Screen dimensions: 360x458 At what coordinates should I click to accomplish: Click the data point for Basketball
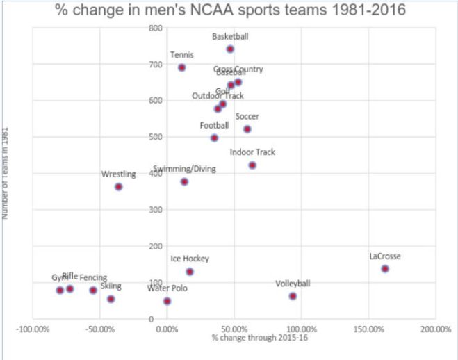coord(230,49)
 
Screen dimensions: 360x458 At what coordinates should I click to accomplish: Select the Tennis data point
coord(181,67)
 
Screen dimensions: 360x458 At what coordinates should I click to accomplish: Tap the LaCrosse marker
coord(385,269)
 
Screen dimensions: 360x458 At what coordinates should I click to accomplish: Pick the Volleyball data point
coord(293,296)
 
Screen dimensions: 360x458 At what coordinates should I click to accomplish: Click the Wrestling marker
coord(119,187)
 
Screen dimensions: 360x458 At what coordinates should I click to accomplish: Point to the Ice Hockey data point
coord(190,272)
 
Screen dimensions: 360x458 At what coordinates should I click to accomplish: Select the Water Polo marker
coord(167,301)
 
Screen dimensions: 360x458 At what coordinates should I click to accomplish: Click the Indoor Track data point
coord(252,165)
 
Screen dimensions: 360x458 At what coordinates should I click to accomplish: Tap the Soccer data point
coord(247,129)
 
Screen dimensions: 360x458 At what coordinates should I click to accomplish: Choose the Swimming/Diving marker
coord(184,182)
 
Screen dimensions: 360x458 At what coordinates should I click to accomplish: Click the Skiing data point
coord(111,299)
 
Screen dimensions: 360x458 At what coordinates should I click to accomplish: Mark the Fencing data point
coord(93,291)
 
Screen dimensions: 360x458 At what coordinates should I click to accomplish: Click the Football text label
coord(214,126)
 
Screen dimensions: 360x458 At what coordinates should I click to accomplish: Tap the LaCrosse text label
coord(385,256)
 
